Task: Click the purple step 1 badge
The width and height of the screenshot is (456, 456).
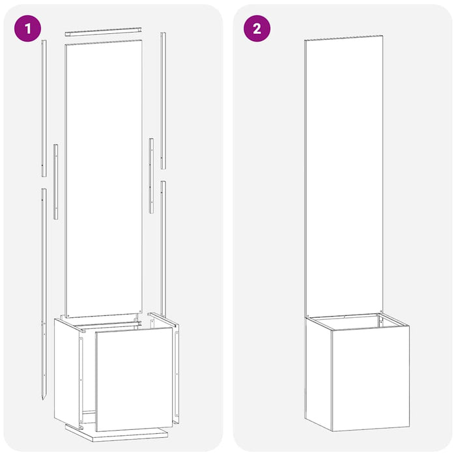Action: pyautogui.click(x=27, y=29)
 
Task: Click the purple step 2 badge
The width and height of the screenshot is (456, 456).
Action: pyautogui.click(x=257, y=29)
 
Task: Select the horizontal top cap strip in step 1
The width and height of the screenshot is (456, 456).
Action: pyautogui.click(x=103, y=31)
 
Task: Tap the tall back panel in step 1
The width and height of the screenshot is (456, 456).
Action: pyautogui.click(x=104, y=176)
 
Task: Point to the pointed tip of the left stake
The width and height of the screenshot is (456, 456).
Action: pyautogui.click(x=44, y=397)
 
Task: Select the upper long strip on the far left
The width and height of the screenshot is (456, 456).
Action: pyautogui.click(x=44, y=107)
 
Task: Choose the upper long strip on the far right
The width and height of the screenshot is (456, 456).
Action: pyautogui.click(x=163, y=101)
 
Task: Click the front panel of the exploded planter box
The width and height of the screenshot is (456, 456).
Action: pyautogui.click(x=134, y=378)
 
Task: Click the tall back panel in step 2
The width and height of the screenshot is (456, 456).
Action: pyautogui.click(x=343, y=176)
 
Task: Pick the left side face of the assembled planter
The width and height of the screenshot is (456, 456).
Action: pyautogui.click(x=319, y=371)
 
